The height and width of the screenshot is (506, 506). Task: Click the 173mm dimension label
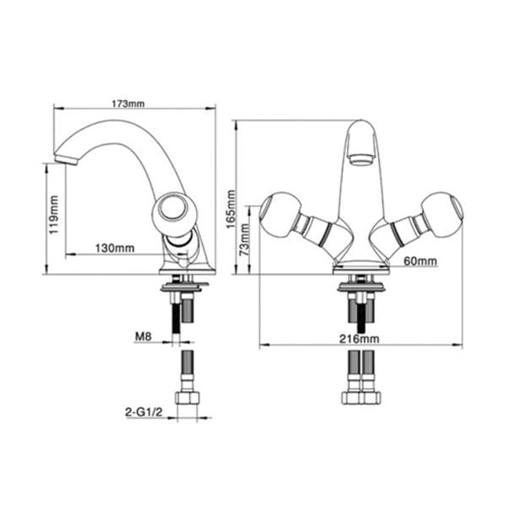128,104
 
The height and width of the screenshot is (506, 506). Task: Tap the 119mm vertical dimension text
54,215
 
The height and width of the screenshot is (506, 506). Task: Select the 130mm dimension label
115,248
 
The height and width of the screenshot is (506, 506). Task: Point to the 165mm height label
231,209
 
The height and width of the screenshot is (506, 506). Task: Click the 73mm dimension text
244,240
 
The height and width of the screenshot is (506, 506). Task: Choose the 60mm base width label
420,261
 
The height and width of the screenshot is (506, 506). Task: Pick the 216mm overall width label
359,339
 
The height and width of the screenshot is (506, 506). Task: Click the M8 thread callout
143,336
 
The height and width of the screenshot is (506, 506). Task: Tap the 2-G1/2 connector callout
144,412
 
